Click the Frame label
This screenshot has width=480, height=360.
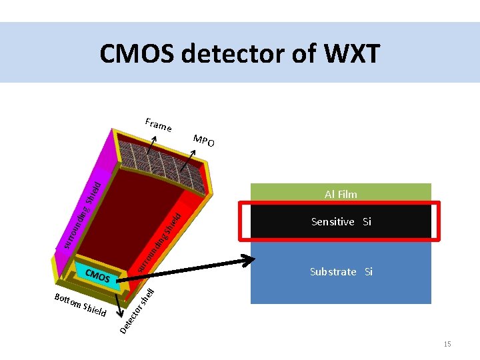(x=159, y=124)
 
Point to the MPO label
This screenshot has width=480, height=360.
(x=204, y=141)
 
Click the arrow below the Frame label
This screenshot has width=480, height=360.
(x=155, y=141)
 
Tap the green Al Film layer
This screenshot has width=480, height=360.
(x=341, y=193)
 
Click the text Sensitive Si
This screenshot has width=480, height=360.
(x=341, y=221)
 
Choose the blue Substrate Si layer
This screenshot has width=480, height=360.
(x=341, y=271)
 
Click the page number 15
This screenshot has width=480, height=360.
(x=447, y=343)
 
